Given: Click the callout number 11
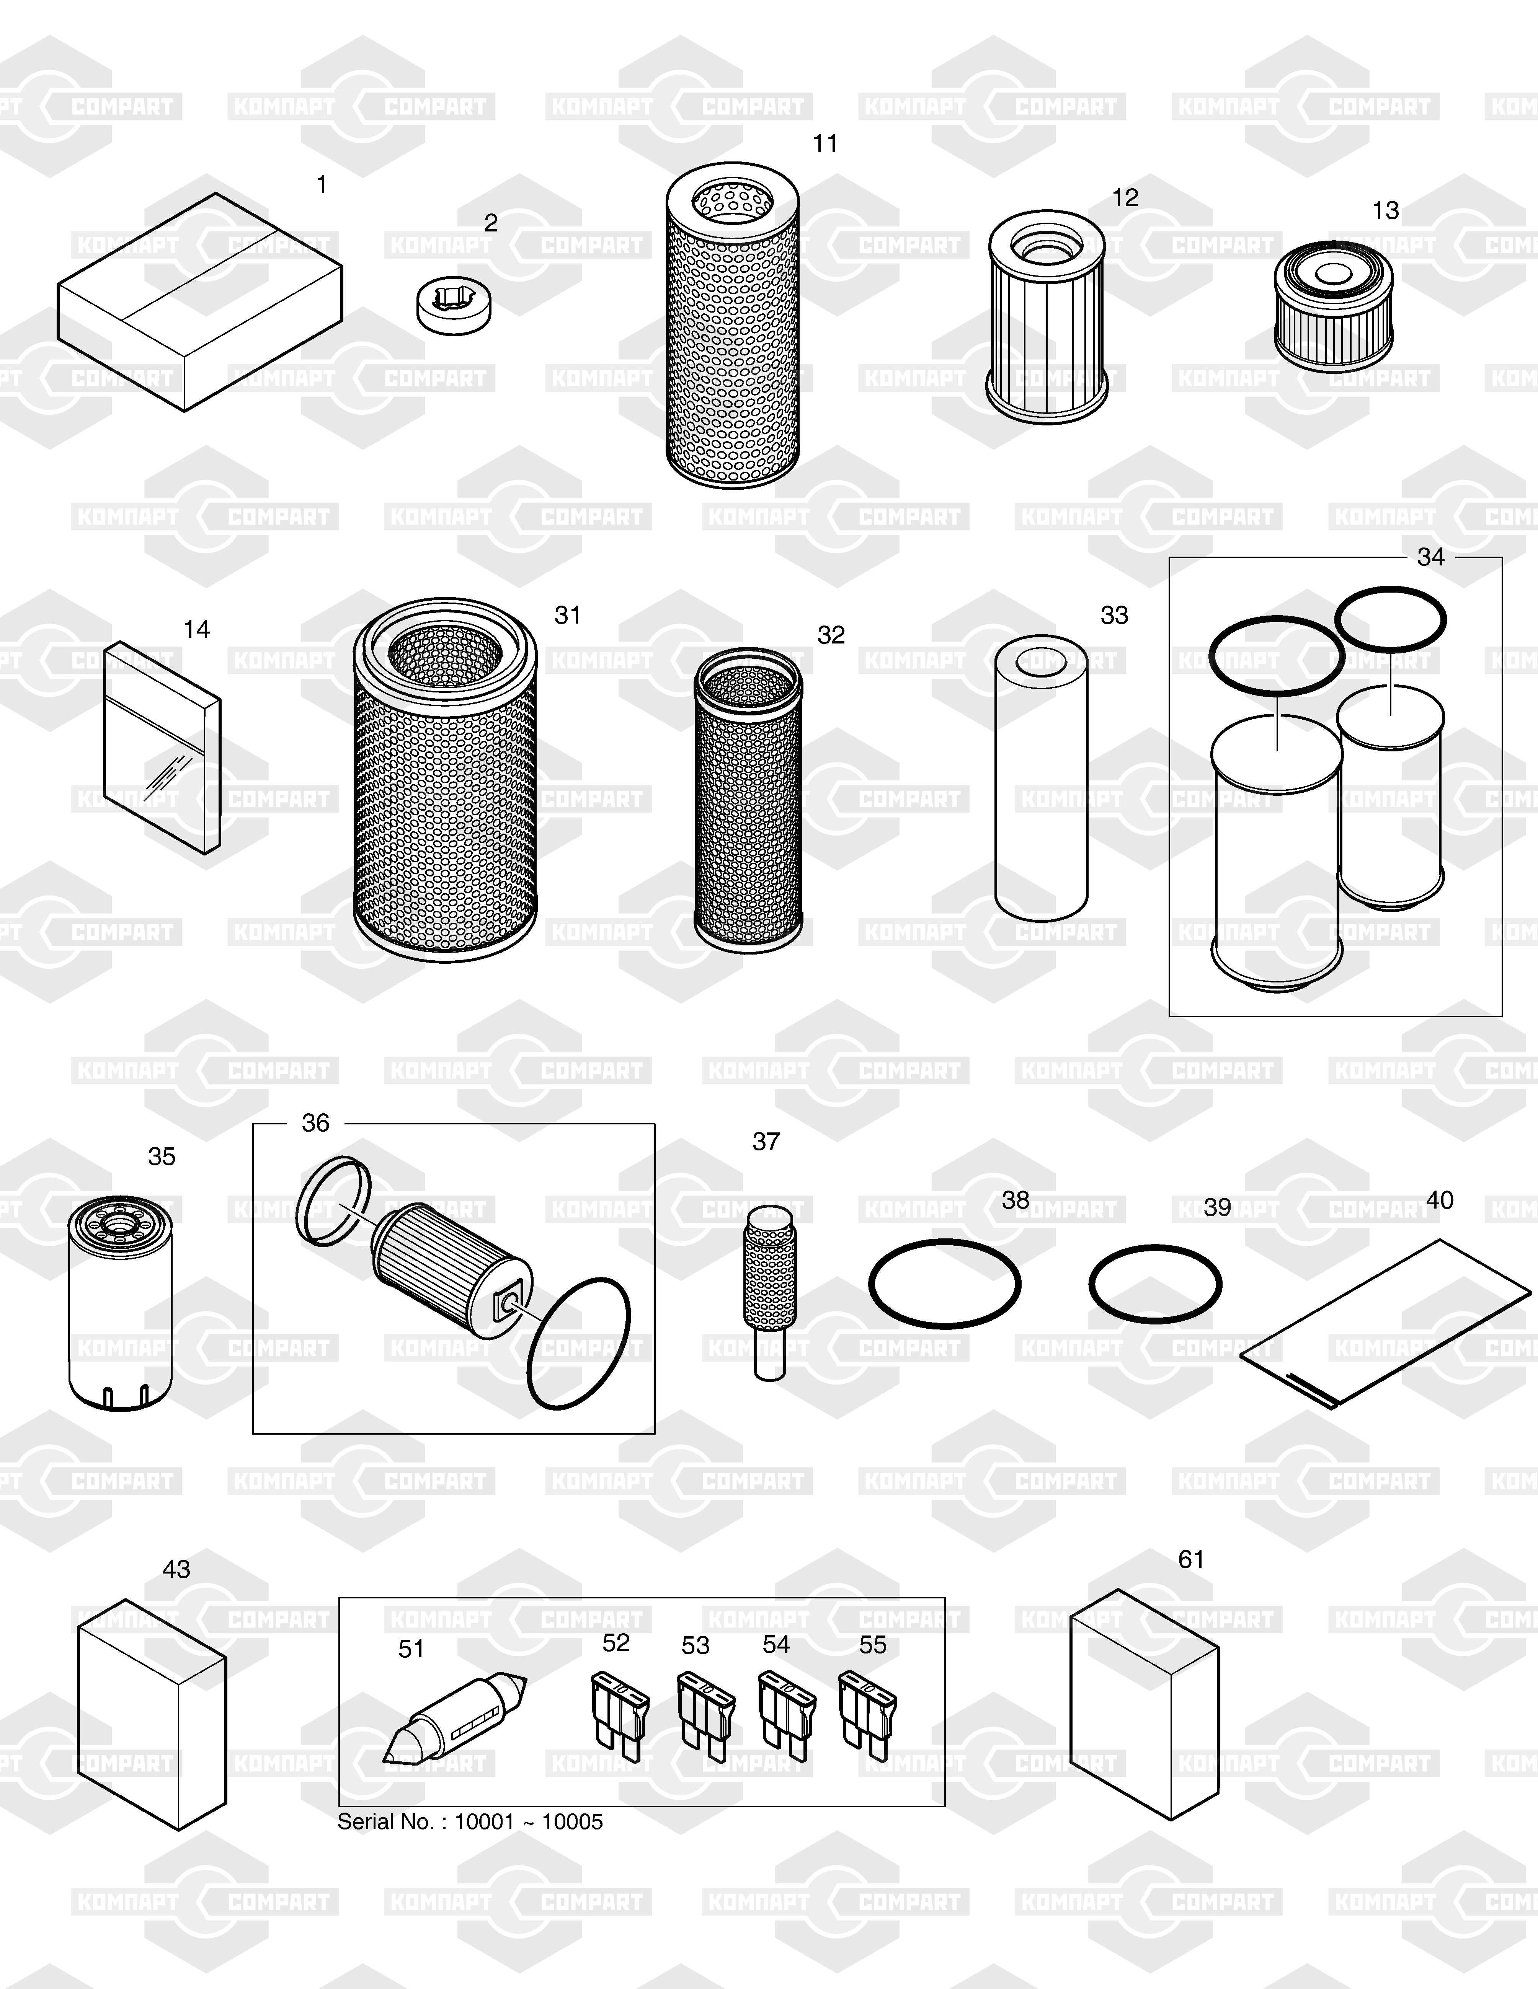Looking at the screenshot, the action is pos(825,144).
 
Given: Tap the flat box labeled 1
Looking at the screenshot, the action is pos(201,301).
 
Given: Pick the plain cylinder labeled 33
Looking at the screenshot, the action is pos(1042,777).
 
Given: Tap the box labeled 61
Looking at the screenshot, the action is pos(1143,1705).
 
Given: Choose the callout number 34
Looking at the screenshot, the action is pos(1430,557).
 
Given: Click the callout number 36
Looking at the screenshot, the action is pos(315,1123).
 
